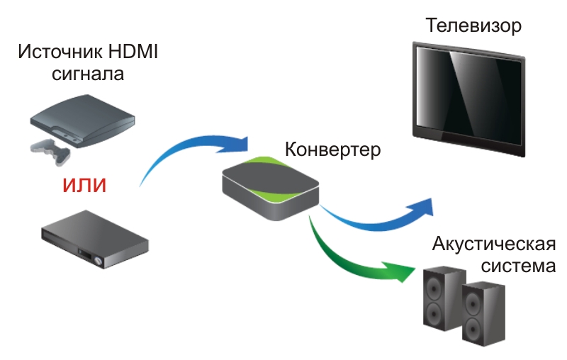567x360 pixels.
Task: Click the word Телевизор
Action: pyautogui.click(x=473, y=26)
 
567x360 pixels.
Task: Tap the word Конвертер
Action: pyautogui.click(x=332, y=149)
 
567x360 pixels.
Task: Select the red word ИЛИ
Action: pyautogui.click(x=84, y=185)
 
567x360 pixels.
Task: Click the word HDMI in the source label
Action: pyautogui.click(x=133, y=51)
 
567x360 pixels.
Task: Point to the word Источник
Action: pyautogui.click(x=60, y=51)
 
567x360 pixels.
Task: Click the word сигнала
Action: pyautogui.click(x=88, y=74)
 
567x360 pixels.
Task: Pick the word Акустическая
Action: pyautogui.click(x=493, y=244)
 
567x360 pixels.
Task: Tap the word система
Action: pyautogui.click(x=518, y=266)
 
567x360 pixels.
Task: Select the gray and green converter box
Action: pyautogui.click(x=270, y=188)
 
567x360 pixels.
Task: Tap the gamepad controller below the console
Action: pyautogui.click(x=50, y=152)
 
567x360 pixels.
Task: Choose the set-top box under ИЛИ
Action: pyautogui.click(x=95, y=240)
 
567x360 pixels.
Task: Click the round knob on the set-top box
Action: pyautogui.click(x=98, y=261)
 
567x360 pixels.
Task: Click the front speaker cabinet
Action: pyautogui.click(x=483, y=314)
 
